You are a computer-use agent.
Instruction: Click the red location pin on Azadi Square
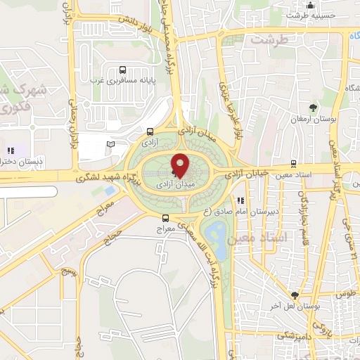coord(180,165)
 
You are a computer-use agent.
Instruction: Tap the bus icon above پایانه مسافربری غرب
coord(124,70)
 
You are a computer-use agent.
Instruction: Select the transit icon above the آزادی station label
coord(150,131)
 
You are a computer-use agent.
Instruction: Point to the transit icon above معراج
coord(165,218)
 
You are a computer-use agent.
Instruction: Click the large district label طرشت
coord(274,40)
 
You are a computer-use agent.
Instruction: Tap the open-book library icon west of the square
coord(110,144)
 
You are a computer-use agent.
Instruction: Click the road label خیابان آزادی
coord(246,172)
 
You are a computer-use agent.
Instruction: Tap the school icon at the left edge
coord(11,150)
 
